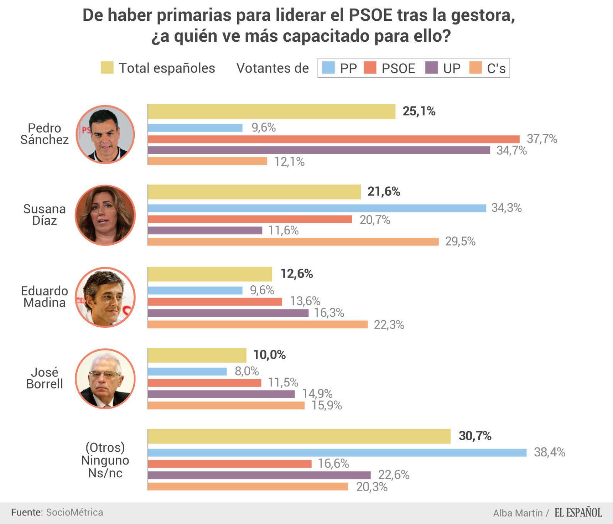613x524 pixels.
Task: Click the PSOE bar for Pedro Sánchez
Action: click(333, 139)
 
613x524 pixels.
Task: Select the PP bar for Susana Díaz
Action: click(317, 208)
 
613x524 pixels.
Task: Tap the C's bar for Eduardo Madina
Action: click(258, 325)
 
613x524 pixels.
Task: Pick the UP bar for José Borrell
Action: click(221, 394)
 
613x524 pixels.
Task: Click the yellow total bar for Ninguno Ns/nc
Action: click(299, 436)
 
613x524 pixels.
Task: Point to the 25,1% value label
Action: click(419, 111)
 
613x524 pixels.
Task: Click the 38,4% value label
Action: click(549, 452)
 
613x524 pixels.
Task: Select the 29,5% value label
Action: click(460, 242)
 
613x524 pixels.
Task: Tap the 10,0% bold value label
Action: click(269, 355)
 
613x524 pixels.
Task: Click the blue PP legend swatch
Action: click(328, 68)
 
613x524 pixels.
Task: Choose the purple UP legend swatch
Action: click(431, 68)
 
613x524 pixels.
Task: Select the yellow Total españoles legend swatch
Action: click(107, 68)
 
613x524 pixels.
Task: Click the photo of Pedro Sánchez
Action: click(105, 134)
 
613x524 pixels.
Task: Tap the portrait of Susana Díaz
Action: click(105, 215)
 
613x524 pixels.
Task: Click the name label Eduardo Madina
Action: click(45, 297)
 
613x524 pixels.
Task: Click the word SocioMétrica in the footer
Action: click(74, 512)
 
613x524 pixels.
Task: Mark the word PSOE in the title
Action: click(371, 15)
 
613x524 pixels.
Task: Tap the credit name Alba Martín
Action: click(517, 513)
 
